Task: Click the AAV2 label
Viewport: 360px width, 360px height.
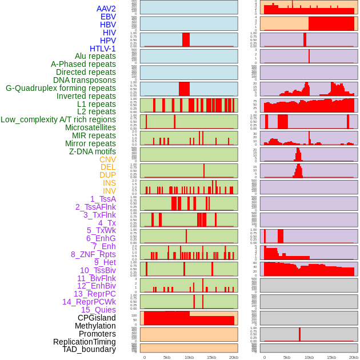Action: click(x=106, y=9)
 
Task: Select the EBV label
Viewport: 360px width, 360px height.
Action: click(x=108, y=17)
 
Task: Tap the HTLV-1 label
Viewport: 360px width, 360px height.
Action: click(x=103, y=49)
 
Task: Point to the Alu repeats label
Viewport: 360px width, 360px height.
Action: click(x=95, y=56)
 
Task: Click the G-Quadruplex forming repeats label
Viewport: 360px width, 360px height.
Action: click(x=61, y=88)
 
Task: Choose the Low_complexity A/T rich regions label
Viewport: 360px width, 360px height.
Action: click(x=58, y=119)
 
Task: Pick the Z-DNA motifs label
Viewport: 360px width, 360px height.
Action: click(x=93, y=151)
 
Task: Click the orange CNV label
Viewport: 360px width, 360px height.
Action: click(x=107, y=159)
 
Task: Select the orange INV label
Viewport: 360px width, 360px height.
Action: click(x=109, y=191)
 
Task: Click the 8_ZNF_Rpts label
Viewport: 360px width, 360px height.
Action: click(x=93, y=254)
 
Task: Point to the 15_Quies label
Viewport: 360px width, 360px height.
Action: click(x=98, y=310)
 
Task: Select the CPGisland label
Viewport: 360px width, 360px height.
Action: click(x=97, y=318)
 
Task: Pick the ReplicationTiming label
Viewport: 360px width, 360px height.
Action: click(x=85, y=342)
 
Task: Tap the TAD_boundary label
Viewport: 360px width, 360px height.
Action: click(x=89, y=349)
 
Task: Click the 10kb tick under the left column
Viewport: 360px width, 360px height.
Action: click(x=189, y=357)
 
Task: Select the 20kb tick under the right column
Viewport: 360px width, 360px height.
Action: click(x=354, y=357)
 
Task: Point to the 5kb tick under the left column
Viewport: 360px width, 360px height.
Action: click(x=167, y=357)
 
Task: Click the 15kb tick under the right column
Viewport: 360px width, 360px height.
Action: click(x=331, y=357)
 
